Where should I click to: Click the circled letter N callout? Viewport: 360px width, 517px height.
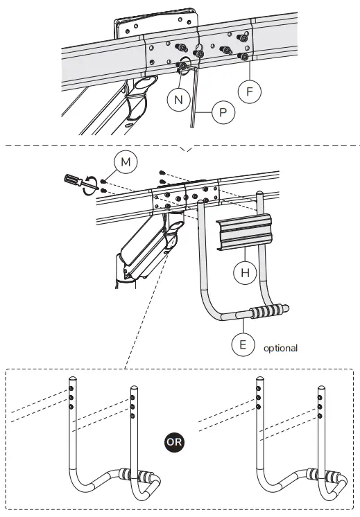[x=178, y=100]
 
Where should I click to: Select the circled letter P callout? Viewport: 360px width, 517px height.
[x=223, y=112]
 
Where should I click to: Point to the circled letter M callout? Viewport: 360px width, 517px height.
[x=126, y=163]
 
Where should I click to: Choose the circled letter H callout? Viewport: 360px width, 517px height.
[x=245, y=273]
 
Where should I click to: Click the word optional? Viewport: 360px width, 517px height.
[x=280, y=348]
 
